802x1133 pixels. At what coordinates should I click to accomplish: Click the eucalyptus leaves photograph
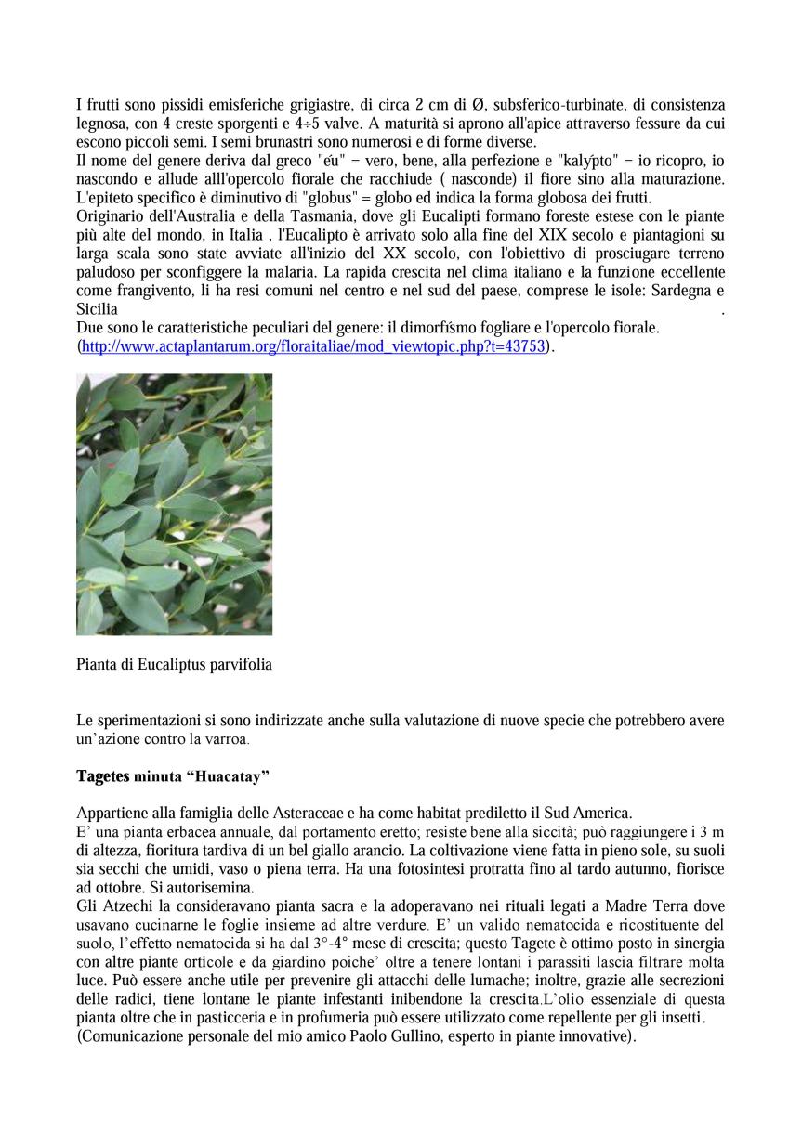click(x=174, y=504)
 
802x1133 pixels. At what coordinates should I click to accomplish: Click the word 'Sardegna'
click(x=675, y=291)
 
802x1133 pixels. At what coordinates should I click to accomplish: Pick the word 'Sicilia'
click(x=97, y=309)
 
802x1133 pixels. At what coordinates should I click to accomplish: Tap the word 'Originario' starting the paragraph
click(x=112, y=216)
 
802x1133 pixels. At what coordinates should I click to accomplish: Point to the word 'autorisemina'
click(x=186, y=887)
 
